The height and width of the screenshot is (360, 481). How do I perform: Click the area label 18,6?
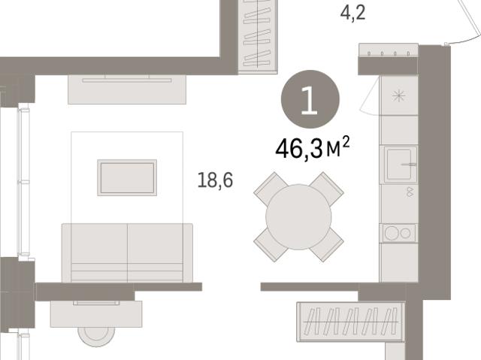tap(215, 180)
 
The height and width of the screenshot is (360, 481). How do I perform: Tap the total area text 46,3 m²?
tap(313, 148)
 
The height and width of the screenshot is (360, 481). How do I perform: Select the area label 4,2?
tap(352, 13)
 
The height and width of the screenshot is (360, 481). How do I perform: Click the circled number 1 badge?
tap(310, 99)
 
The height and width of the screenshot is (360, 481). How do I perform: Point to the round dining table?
tap(298, 216)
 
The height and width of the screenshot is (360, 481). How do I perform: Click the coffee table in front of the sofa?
tap(127, 177)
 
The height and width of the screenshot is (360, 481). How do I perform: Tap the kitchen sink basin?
tap(399, 164)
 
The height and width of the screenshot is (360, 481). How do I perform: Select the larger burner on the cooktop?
tap(392, 233)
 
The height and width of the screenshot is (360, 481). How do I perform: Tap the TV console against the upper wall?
tap(127, 89)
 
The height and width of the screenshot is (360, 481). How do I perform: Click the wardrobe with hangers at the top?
tap(258, 36)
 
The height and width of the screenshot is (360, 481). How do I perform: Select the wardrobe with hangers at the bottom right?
tap(351, 322)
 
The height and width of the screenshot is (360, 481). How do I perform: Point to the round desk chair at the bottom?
tap(96, 336)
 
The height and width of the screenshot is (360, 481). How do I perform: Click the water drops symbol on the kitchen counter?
tap(409, 192)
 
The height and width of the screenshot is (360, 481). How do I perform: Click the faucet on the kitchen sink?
tap(409, 165)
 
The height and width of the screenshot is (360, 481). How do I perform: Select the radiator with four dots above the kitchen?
tap(389, 50)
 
